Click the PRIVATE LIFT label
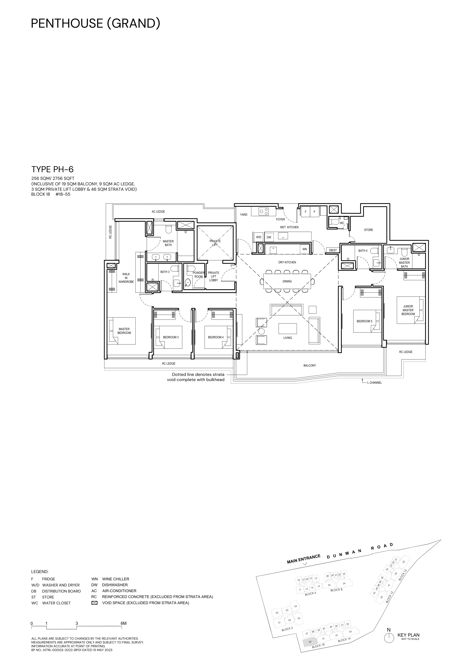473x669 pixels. [215, 243]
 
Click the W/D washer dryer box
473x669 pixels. [259, 237]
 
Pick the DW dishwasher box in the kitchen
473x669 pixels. [269, 237]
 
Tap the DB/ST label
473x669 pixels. [333, 250]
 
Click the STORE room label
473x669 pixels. [368, 230]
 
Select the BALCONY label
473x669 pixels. [309, 365]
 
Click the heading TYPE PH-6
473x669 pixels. [52, 169]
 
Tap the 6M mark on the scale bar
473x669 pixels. [124, 624]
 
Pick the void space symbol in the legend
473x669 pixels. [94, 603]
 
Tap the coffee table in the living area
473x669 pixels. [288, 328]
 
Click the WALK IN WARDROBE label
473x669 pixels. [126, 278]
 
